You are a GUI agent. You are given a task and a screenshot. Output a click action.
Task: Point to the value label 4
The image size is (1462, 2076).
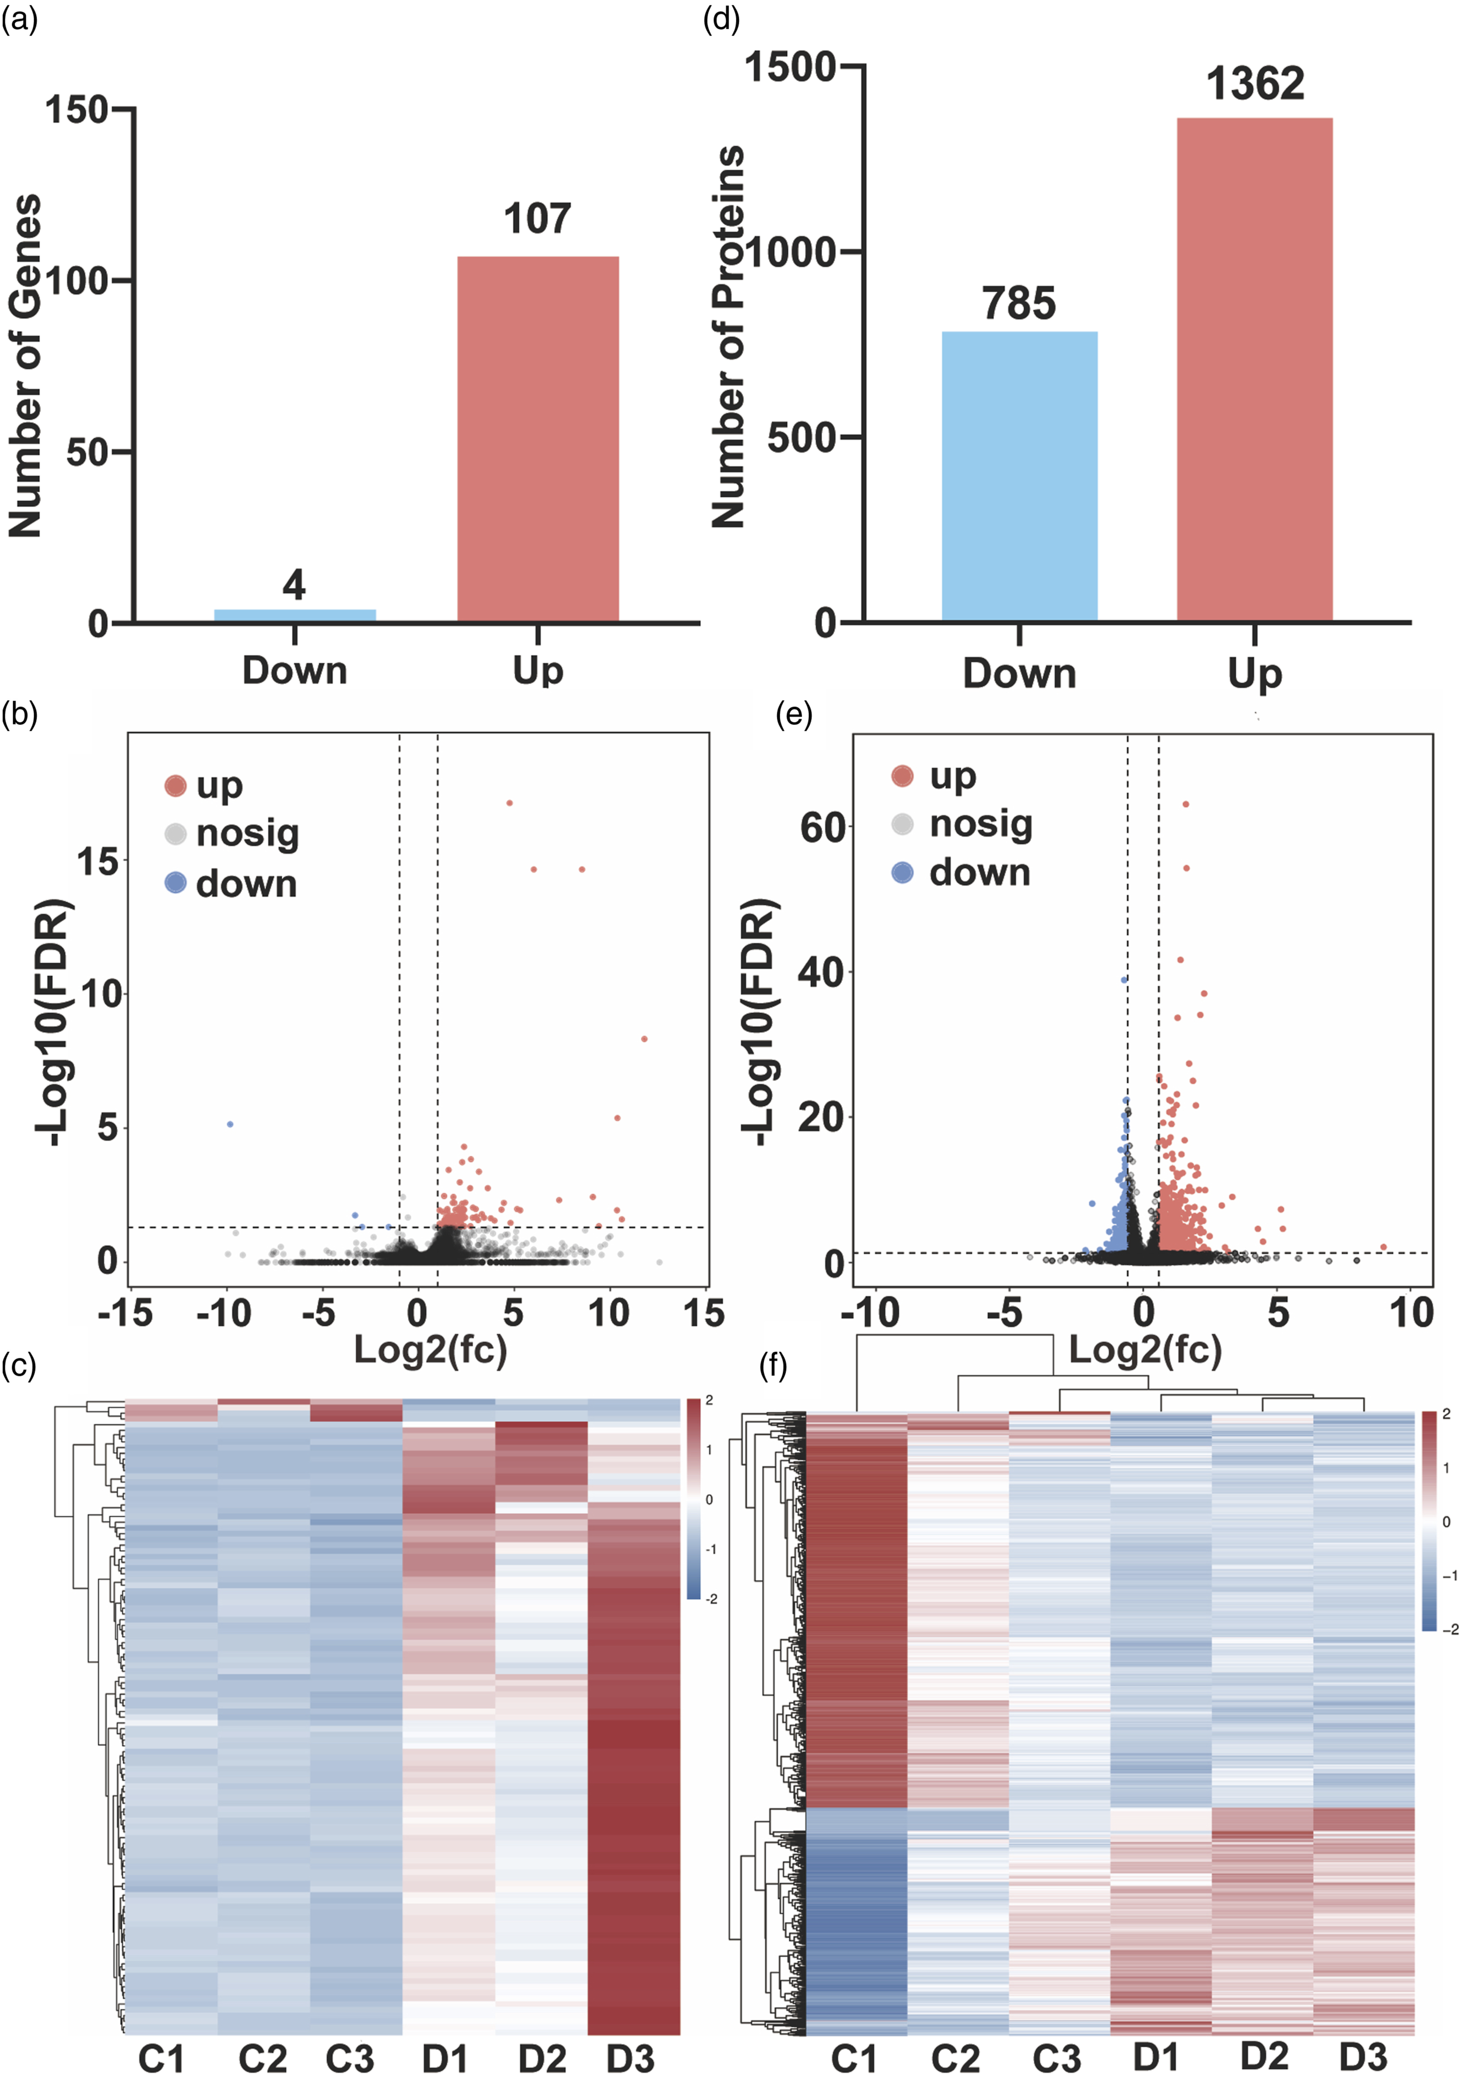point(294,585)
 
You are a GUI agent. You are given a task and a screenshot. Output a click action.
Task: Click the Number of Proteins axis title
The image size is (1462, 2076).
point(729,336)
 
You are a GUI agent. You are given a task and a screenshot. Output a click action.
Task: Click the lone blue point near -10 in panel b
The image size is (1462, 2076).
point(231,1124)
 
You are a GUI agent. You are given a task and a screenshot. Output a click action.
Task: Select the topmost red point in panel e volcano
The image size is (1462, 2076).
point(1186,804)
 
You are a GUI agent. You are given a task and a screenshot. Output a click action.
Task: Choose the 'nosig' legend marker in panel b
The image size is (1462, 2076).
point(175,834)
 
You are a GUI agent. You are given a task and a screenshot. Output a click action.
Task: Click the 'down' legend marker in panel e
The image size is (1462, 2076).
point(903,873)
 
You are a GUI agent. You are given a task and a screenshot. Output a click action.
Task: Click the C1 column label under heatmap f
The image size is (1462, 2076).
point(854,2058)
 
